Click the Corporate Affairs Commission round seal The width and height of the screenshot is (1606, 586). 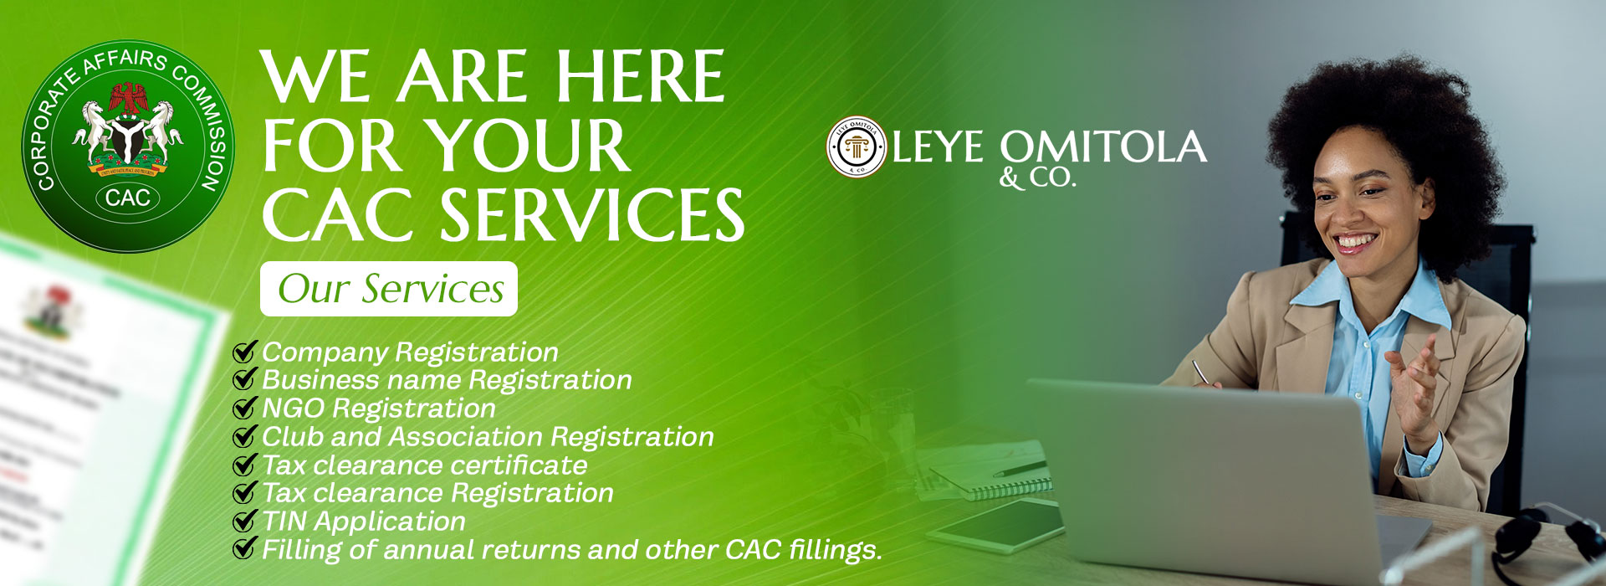128,146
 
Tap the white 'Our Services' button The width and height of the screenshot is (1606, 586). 389,289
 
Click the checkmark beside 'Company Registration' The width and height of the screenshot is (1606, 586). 244,352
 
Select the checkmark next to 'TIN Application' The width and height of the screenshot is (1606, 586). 244,522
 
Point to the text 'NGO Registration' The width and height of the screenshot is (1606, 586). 379,409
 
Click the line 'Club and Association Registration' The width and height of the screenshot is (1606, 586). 488,437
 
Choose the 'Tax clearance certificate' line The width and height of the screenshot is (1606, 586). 425,465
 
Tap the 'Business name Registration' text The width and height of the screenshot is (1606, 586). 447,380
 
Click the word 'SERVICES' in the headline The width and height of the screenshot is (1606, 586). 592,215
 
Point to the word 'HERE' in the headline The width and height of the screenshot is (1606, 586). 640,78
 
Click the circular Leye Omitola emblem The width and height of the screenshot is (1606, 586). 857,146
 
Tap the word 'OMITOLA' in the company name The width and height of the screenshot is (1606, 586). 1103,147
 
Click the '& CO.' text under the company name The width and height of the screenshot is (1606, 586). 1037,178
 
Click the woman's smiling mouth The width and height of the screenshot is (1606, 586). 1355,244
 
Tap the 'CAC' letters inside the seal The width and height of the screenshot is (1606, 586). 128,198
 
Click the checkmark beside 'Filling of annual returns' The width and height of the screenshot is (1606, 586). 244,549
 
